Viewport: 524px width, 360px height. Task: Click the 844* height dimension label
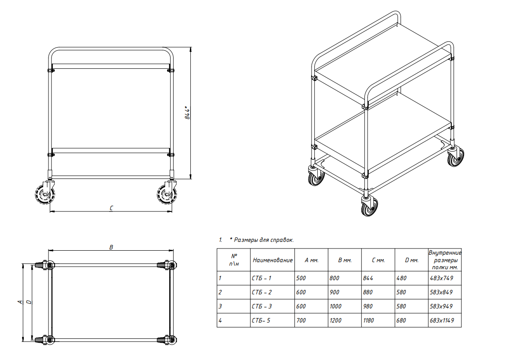(188, 113)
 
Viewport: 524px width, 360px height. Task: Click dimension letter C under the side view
(111, 208)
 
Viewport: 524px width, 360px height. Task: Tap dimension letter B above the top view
(111, 247)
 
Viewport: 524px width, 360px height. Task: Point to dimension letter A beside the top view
(20, 302)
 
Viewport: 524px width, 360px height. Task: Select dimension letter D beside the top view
(29, 302)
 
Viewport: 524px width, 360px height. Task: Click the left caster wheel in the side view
(45, 194)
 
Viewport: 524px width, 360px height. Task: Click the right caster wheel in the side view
(167, 194)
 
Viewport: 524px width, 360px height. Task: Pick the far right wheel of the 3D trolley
(456, 157)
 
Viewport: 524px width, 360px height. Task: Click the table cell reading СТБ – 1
(262, 278)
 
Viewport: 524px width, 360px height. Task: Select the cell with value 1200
(335, 320)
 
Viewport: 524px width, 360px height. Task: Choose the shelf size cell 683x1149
(442, 320)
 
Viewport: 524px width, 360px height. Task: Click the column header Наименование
(273, 260)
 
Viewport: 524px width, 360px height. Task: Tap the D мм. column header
(412, 260)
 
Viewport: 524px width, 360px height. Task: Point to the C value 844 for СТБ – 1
(368, 278)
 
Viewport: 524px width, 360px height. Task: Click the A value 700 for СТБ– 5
(301, 320)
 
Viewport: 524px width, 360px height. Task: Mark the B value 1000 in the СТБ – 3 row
(335, 306)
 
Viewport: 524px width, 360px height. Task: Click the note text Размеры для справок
(264, 240)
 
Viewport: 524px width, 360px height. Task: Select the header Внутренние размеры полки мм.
(445, 260)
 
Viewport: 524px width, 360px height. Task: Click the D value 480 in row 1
(401, 278)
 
